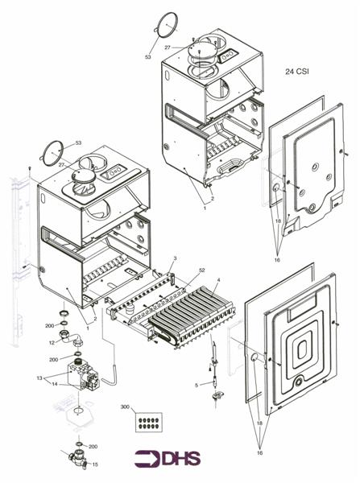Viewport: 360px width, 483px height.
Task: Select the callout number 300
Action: click(x=123, y=408)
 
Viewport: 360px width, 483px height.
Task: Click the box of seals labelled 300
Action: click(x=148, y=421)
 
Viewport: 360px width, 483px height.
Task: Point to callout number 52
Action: click(x=180, y=270)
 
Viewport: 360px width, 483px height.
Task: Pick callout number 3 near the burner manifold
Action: click(x=174, y=258)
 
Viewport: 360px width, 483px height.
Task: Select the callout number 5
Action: click(x=196, y=386)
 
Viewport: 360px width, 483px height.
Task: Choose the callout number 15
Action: click(x=94, y=464)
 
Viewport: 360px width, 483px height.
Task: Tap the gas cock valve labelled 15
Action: click(x=78, y=461)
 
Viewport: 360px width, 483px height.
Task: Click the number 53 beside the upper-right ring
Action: click(x=148, y=57)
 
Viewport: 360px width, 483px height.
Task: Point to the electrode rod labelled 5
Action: click(x=214, y=357)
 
